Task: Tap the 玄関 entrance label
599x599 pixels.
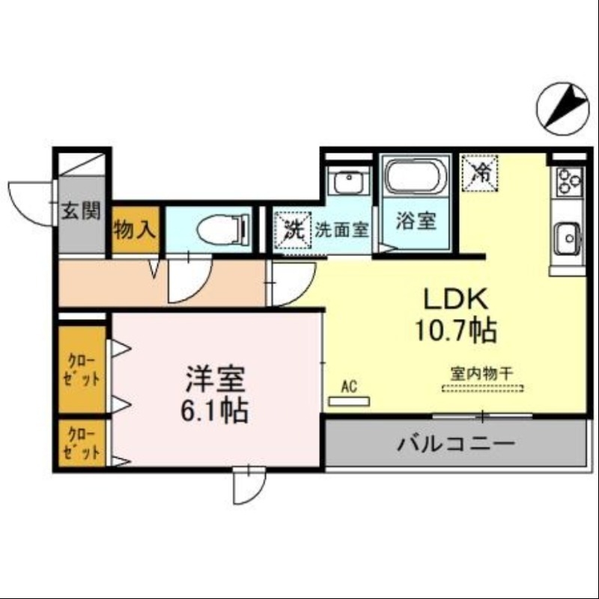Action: (x=80, y=210)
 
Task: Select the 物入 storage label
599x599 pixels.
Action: (x=135, y=229)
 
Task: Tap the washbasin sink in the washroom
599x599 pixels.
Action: (x=348, y=183)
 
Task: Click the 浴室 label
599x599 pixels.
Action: (x=416, y=222)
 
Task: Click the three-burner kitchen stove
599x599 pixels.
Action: (x=568, y=180)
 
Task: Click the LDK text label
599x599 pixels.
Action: (x=457, y=299)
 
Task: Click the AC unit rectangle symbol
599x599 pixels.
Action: (x=350, y=401)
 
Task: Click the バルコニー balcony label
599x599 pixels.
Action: (x=455, y=443)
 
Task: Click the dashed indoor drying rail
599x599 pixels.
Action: (x=481, y=388)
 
